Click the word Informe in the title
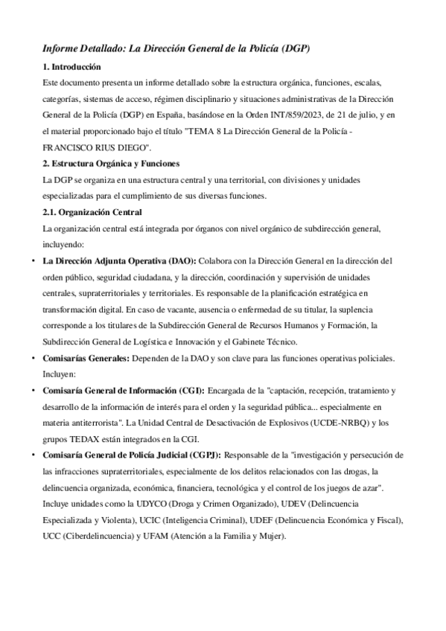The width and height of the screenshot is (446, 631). pyautogui.click(x=63, y=48)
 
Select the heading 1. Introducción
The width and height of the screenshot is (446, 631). pyautogui.click(x=71, y=66)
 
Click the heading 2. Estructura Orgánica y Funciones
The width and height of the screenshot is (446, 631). pyautogui.click(x=111, y=163)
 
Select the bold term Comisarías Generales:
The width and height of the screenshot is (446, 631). pyautogui.click(x=86, y=358)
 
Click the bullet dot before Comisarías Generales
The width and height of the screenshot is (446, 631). pyautogui.click(x=32, y=358)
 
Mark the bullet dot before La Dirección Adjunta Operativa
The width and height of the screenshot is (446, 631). pyautogui.click(x=32, y=260)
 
